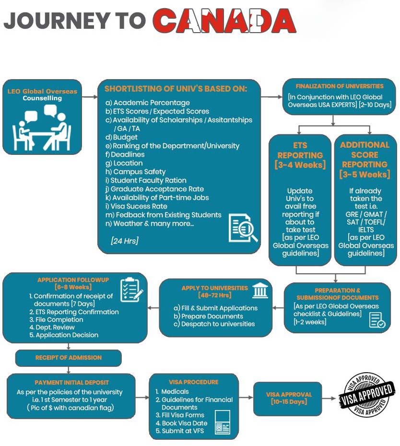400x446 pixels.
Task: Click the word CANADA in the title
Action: (224, 21)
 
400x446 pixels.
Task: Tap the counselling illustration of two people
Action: (42, 127)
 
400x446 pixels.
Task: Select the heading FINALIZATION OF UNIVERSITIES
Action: (339, 86)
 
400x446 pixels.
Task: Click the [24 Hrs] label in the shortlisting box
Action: (124, 241)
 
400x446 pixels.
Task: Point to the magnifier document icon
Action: (243, 228)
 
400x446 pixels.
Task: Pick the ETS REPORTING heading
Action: (300, 155)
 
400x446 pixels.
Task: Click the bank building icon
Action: (260, 290)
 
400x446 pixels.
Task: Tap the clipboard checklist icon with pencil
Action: (131, 289)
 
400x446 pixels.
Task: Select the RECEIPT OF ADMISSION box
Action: (69, 357)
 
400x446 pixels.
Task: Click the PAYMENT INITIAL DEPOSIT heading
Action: (71, 383)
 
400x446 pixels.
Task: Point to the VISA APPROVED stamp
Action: (367, 395)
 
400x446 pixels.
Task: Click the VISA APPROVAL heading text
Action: (289, 395)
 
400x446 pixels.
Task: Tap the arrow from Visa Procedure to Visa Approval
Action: (245, 398)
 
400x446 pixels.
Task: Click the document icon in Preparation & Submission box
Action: (377, 320)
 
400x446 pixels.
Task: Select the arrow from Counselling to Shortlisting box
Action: (89, 97)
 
